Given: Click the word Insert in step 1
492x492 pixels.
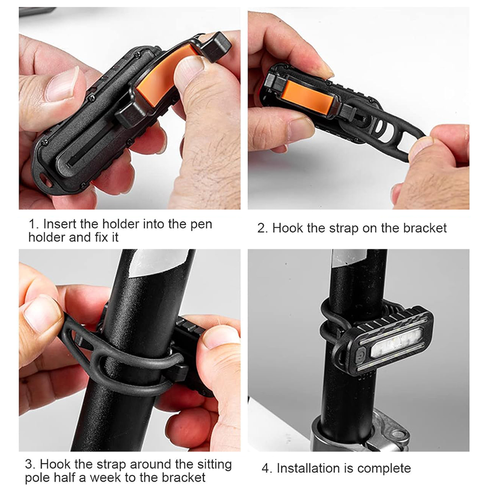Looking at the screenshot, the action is tap(59, 224).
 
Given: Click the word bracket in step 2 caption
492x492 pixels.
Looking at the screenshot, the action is tap(425, 228).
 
